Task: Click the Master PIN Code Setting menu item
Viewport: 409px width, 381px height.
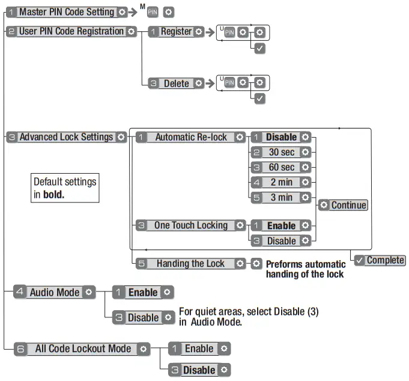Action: point(67,12)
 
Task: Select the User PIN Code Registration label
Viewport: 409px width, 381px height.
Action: point(71,32)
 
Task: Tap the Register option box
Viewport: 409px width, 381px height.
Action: point(176,32)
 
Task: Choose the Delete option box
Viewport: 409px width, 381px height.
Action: point(176,84)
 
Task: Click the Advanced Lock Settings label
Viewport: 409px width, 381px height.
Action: point(67,137)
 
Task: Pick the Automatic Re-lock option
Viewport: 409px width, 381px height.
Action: point(190,137)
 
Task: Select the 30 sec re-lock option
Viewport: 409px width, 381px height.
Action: point(281,152)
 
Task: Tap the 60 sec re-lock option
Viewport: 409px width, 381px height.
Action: point(281,167)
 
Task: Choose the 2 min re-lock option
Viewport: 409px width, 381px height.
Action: point(281,182)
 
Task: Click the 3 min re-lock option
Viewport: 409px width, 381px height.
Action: point(281,198)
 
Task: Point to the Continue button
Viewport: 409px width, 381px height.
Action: point(343,205)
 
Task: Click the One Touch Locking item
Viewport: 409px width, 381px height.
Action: point(190,225)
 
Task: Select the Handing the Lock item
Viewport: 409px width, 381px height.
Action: point(190,264)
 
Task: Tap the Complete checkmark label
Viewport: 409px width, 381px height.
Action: point(380,260)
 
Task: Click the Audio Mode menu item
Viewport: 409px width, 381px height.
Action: point(55,292)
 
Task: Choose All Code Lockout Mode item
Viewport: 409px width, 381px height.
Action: point(82,349)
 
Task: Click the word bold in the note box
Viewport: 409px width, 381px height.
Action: point(53,195)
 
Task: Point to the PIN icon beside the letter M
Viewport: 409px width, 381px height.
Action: point(153,12)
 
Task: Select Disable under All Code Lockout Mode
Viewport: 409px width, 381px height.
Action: point(199,370)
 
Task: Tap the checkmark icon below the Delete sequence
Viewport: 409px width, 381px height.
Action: point(260,99)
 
